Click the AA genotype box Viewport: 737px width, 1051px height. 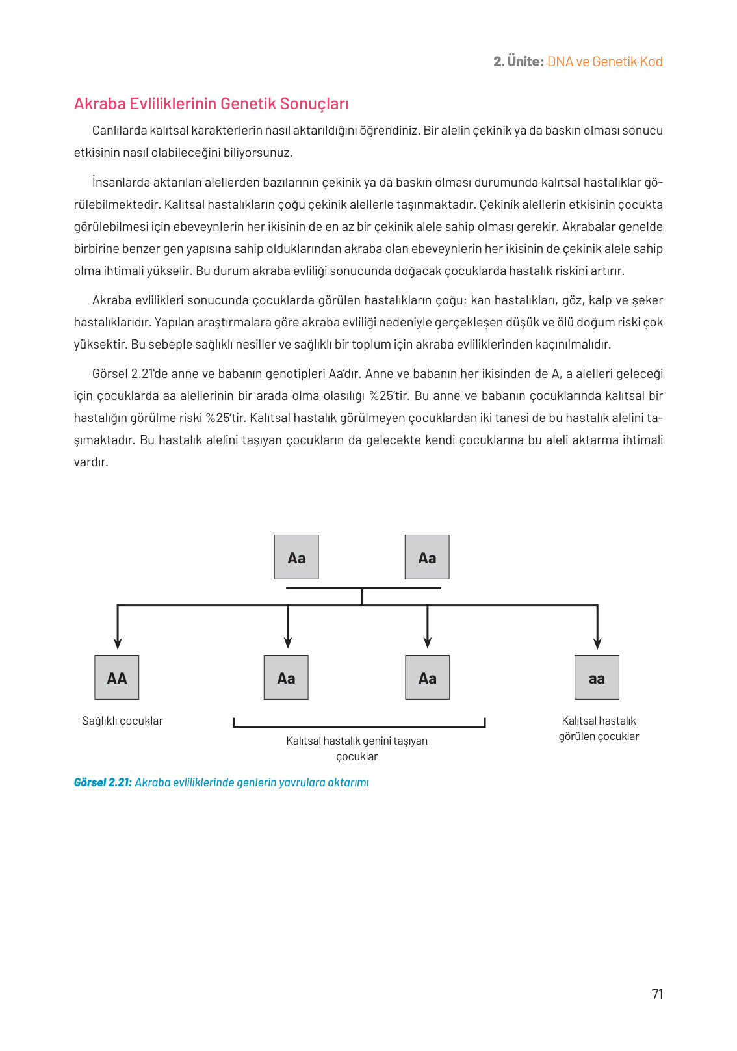(x=117, y=677)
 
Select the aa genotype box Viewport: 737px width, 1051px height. (x=597, y=677)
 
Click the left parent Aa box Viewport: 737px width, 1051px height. (x=296, y=557)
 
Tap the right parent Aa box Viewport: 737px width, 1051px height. (x=427, y=557)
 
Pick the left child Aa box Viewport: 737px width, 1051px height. (x=286, y=677)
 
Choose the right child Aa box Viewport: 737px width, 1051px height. (x=427, y=677)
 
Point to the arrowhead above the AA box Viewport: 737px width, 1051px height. (x=118, y=643)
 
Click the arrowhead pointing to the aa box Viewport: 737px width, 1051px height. (x=597, y=643)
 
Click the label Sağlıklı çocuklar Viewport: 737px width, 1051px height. (x=122, y=721)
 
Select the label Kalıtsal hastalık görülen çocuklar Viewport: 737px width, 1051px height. (x=599, y=728)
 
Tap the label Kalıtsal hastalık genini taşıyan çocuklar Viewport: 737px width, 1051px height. (x=357, y=749)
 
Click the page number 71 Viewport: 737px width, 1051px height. (x=657, y=994)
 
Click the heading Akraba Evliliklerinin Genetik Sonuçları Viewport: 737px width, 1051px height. (x=211, y=104)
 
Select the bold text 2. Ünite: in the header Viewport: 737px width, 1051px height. (x=518, y=62)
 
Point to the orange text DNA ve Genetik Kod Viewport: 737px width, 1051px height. (x=604, y=62)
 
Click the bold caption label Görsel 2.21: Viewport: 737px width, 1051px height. (x=103, y=782)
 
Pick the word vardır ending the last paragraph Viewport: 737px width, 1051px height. (x=90, y=462)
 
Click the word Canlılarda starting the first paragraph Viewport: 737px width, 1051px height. (x=120, y=131)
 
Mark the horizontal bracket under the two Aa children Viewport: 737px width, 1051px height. (x=359, y=726)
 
